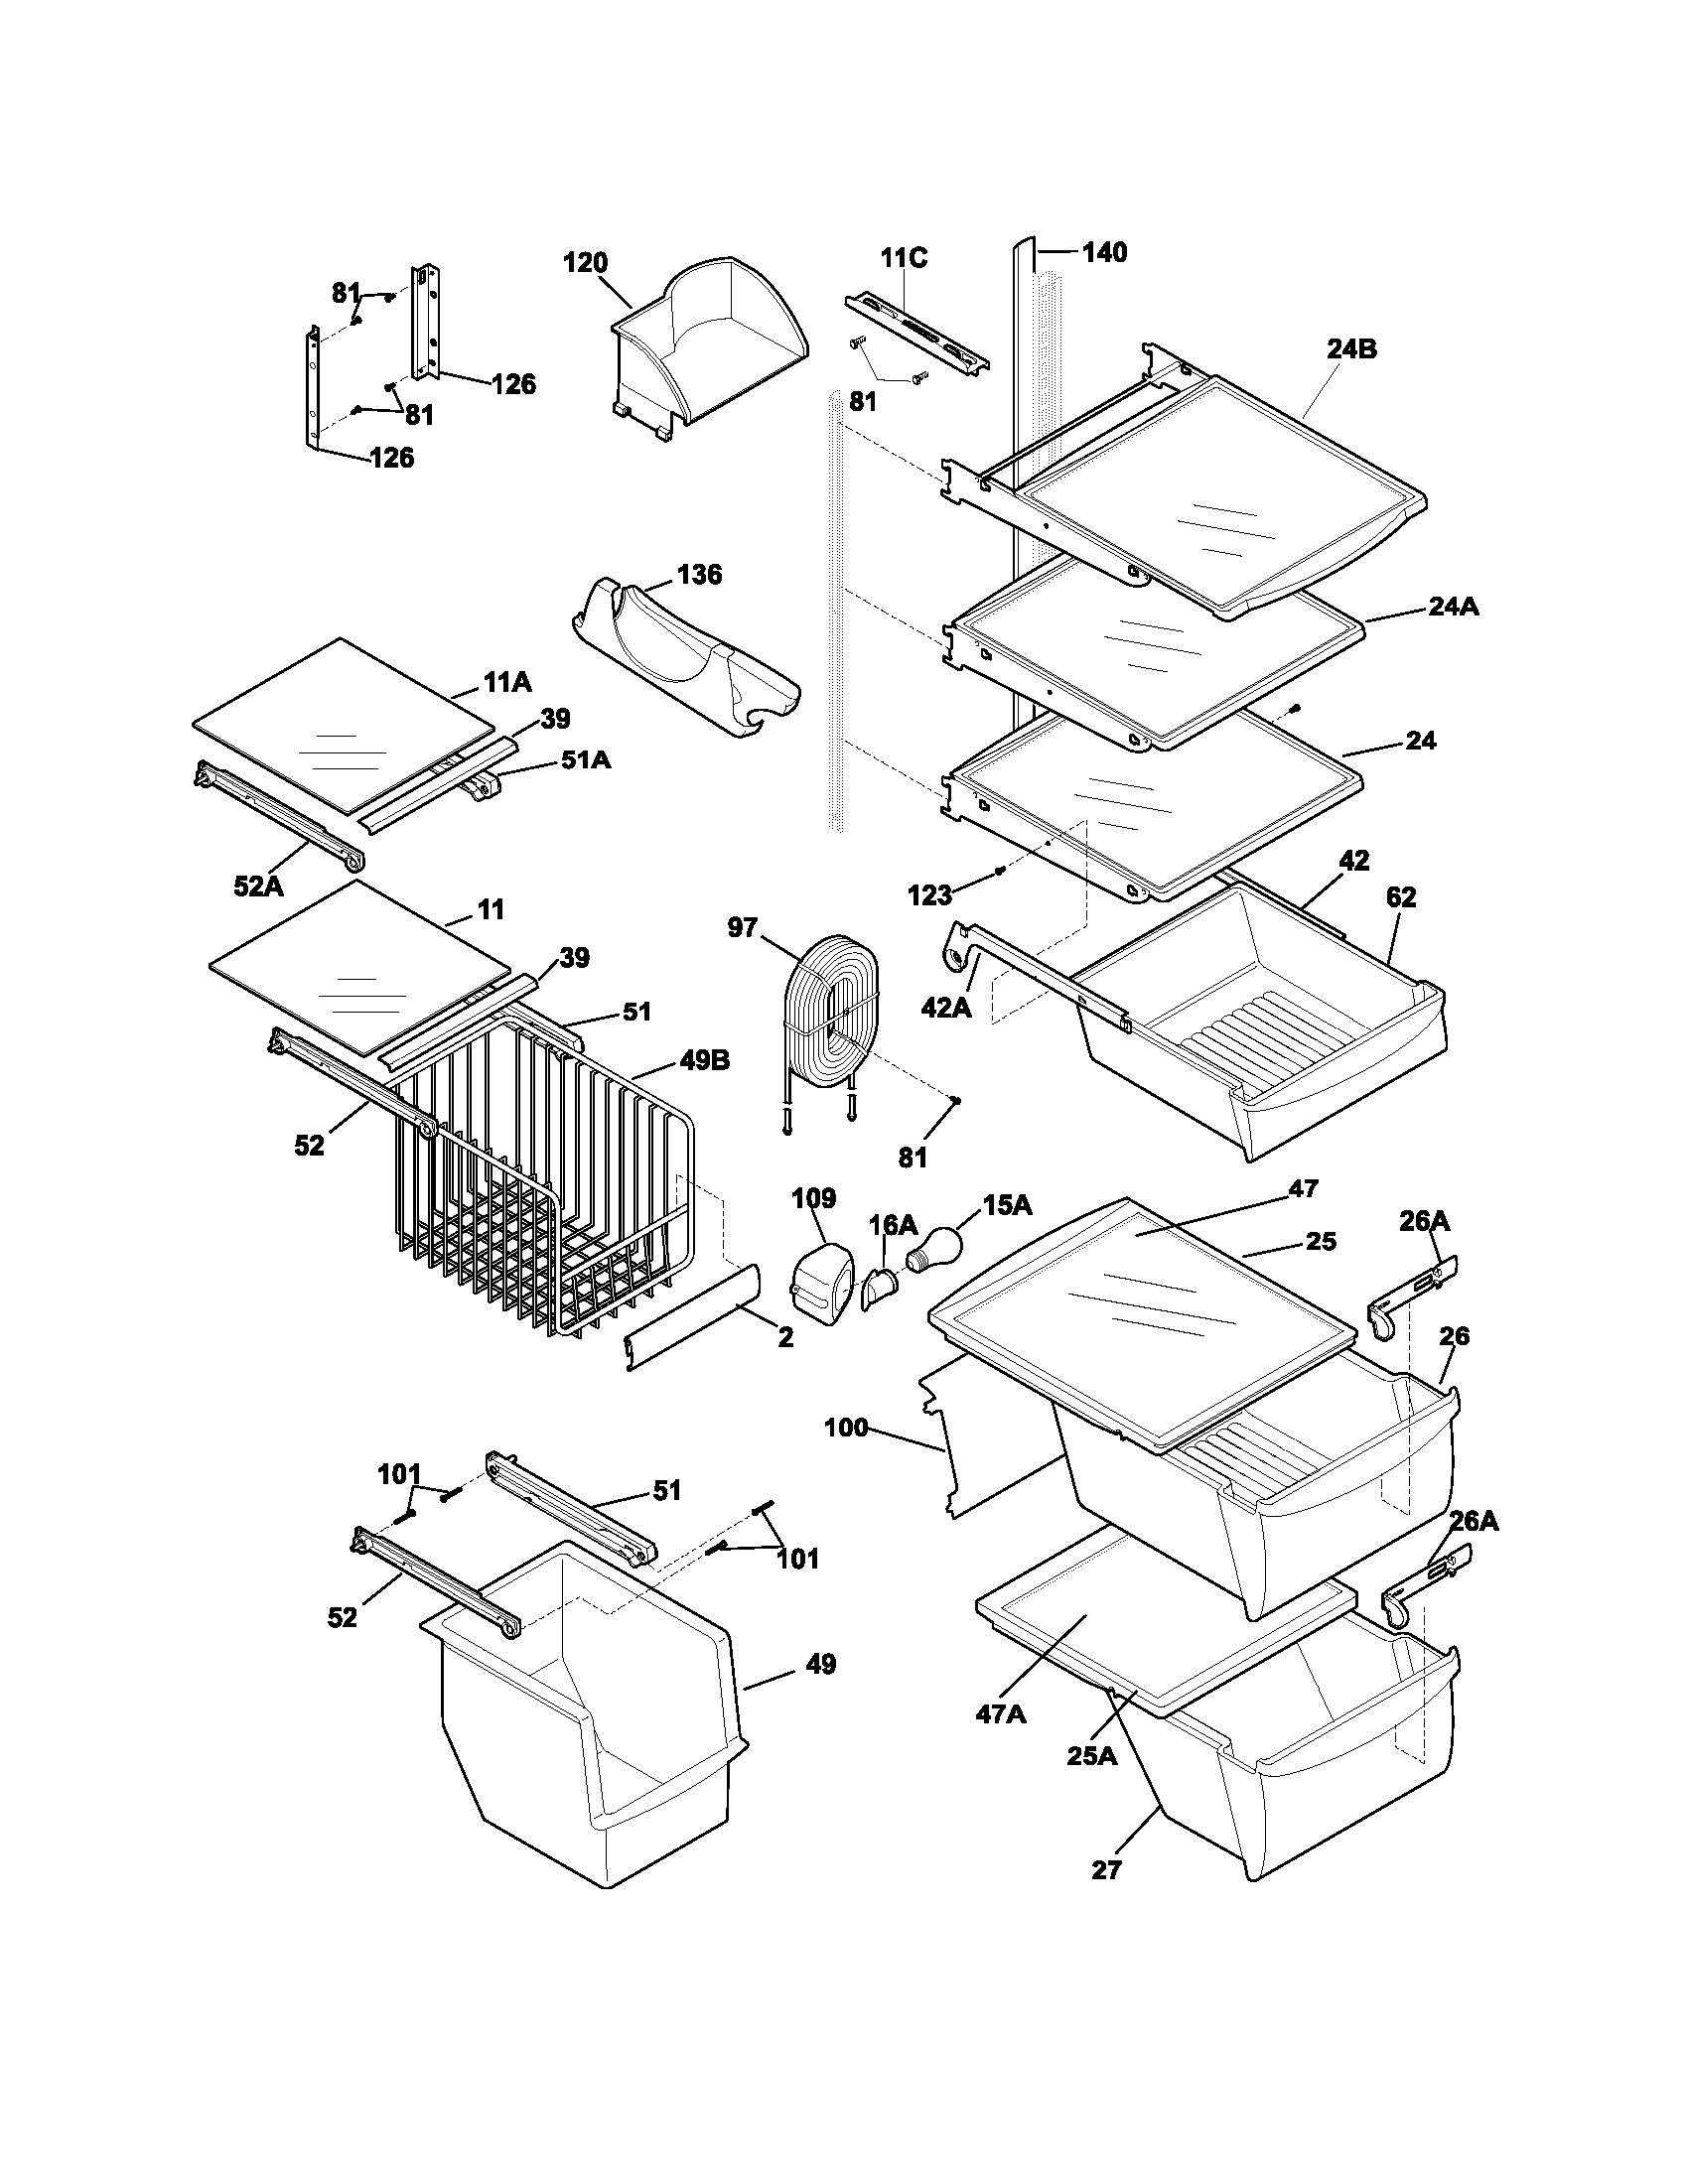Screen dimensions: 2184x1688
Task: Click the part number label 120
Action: tap(585, 263)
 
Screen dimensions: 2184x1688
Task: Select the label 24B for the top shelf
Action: tap(1352, 350)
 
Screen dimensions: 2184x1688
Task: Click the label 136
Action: tap(699, 575)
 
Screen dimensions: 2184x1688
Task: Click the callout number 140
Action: tap(1104, 253)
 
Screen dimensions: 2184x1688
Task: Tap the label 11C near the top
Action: tap(903, 258)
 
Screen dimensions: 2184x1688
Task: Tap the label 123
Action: tap(929, 896)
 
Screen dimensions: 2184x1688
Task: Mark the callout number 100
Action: tap(846, 1428)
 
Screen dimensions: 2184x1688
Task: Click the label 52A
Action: tap(259, 885)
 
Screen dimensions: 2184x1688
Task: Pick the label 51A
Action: tap(585, 760)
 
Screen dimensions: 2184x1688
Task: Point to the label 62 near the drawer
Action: tap(1401, 898)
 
